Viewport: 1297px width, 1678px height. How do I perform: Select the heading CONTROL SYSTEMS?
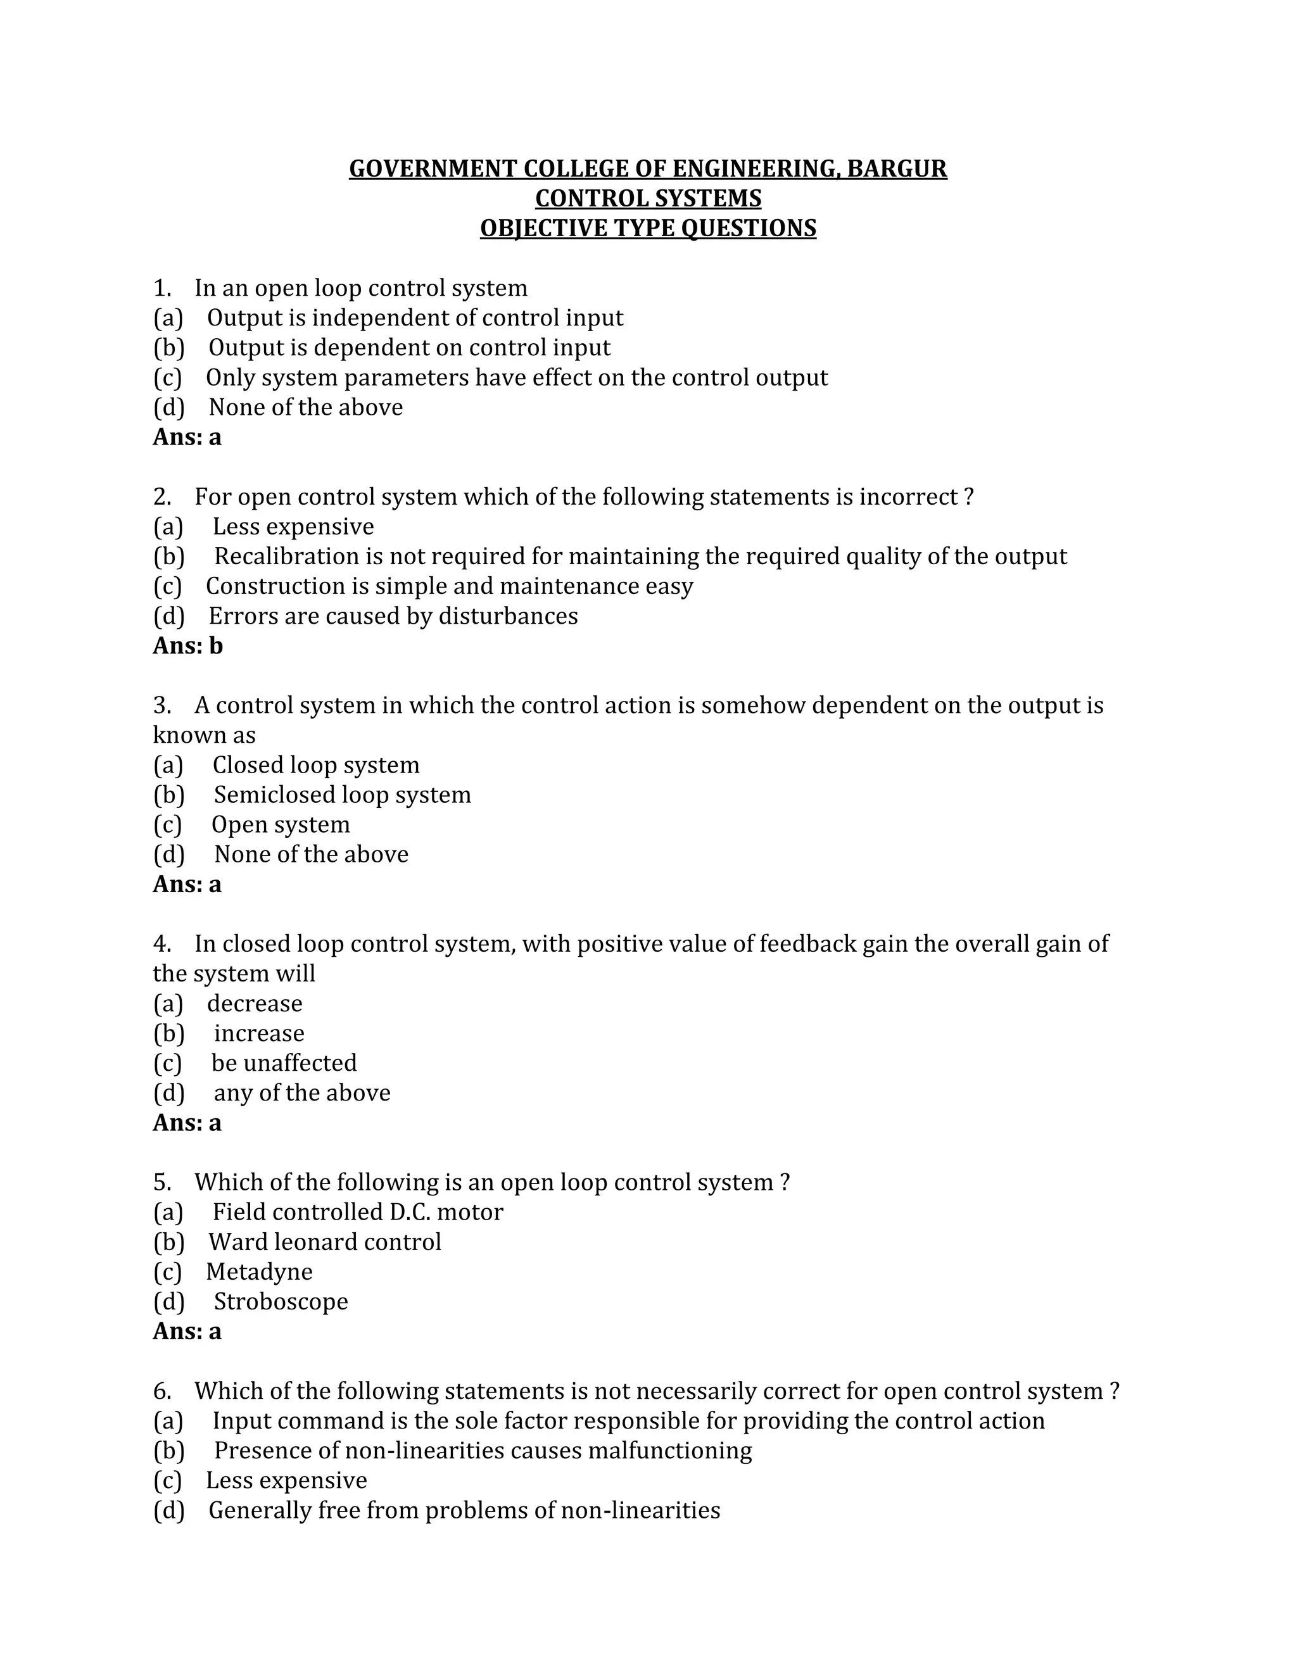click(648, 198)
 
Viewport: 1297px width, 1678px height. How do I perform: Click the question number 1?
click(161, 288)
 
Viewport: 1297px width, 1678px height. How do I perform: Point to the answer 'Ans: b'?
click(187, 645)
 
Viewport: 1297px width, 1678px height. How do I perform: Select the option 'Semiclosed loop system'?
click(342, 795)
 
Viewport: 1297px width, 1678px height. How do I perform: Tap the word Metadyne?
click(259, 1271)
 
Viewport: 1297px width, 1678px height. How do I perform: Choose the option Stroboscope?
click(281, 1301)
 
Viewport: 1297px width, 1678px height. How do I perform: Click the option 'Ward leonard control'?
click(324, 1242)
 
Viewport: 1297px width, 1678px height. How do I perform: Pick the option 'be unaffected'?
click(284, 1063)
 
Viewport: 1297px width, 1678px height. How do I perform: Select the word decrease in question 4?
click(255, 1004)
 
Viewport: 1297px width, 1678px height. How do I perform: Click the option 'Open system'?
click(281, 824)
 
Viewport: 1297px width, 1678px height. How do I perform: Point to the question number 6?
click(161, 1391)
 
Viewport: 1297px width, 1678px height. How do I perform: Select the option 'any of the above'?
click(302, 1092)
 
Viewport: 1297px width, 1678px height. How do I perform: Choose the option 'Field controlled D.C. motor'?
click(357, 1211)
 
